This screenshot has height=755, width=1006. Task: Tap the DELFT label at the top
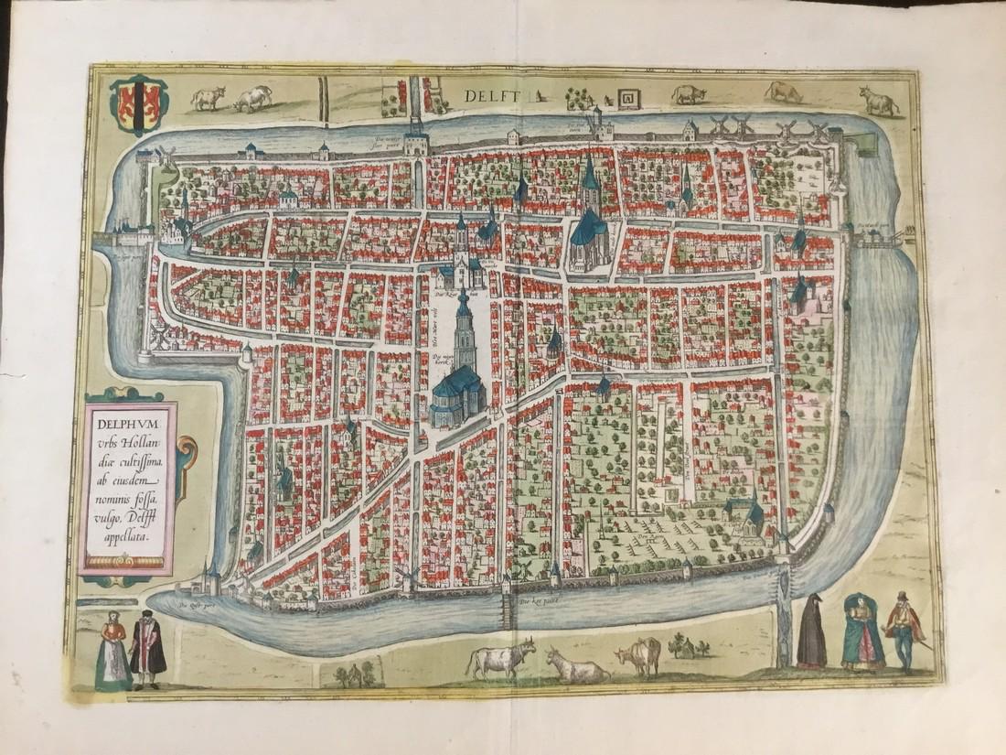(x=491, y=94)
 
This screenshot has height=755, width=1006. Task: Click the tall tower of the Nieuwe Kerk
(x=464, y=329)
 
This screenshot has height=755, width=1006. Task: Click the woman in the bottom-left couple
(x=112, y=652)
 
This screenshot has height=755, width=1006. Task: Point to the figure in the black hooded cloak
(x=811, y=631)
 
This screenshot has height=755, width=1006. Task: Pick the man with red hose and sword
(x=904, y=631)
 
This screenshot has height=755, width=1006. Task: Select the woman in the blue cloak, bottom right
(x=862, y=631)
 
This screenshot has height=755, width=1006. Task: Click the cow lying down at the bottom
(x=576, y=666)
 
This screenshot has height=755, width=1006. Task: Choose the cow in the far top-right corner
(x=880, y=100)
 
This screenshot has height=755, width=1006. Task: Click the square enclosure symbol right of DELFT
(x=628, y=97)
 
